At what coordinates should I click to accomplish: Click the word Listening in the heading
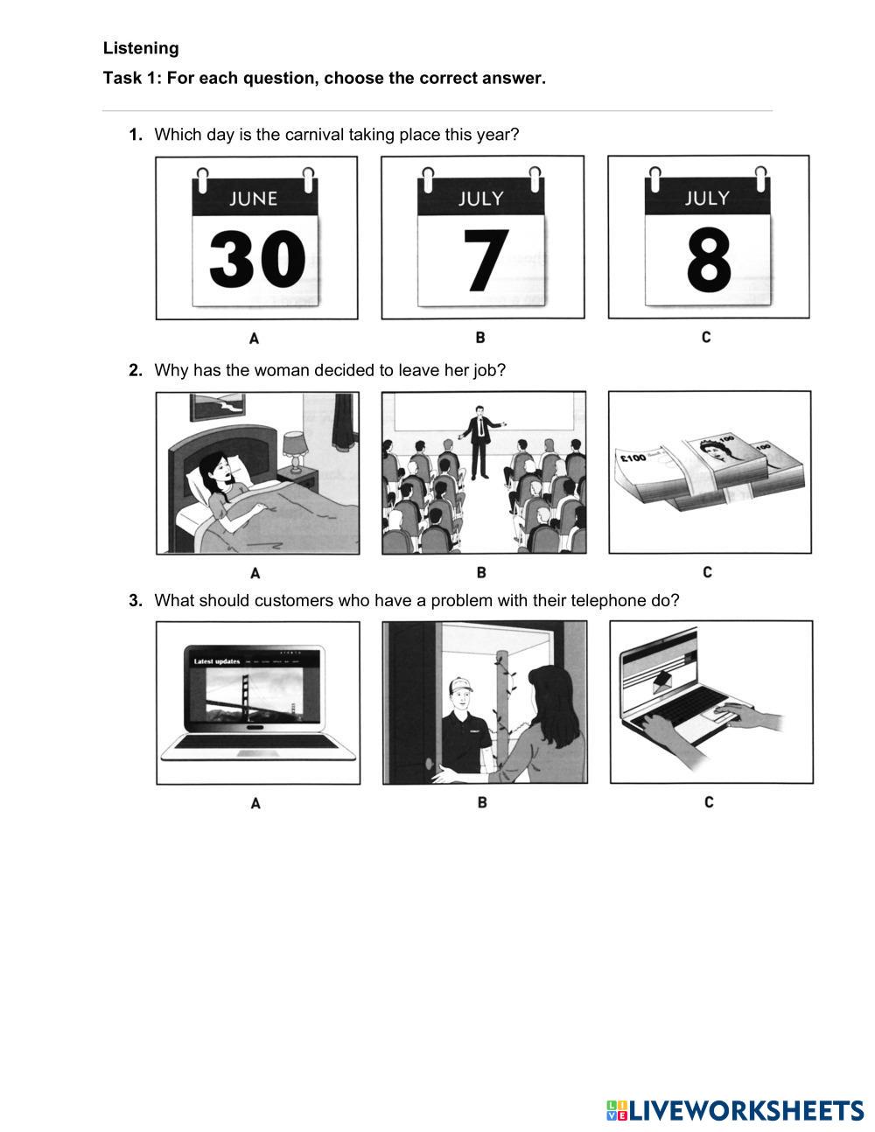pos(141,48)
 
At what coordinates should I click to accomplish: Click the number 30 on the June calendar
pos(256,260)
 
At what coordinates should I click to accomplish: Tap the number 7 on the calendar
pos(486,260)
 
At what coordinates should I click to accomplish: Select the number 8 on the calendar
pos(709,260)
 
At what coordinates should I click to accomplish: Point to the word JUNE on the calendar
pos(253,199)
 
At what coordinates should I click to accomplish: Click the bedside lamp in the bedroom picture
pos(295,451)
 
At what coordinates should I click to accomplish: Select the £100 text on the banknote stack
pos(633,458)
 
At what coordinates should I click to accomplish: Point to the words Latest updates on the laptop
pos(217,661)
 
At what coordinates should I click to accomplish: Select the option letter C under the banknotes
pos(707,572)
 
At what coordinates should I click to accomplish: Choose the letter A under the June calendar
pos(254,339)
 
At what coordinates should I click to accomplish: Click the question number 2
pos(136,370)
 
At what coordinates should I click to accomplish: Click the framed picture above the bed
pos(217,407)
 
